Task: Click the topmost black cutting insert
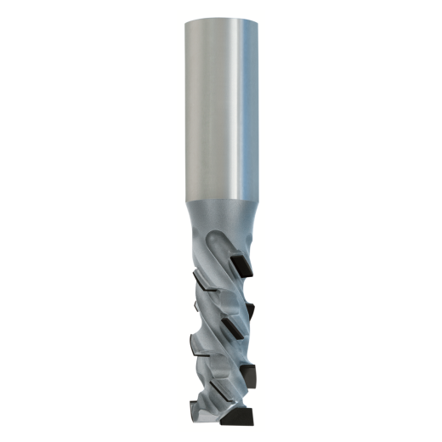[241, 261]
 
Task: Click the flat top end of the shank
[221, 19]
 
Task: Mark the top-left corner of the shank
[184, 20]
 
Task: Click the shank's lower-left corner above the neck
[185, 197]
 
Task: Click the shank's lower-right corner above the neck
[258, 197]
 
